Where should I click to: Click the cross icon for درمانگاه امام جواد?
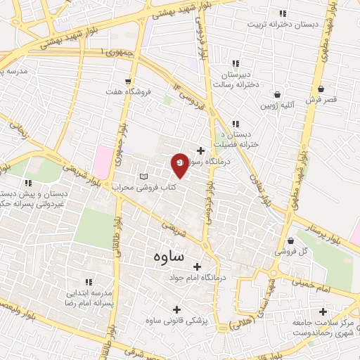pos(197,266)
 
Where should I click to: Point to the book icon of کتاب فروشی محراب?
pos(144,176)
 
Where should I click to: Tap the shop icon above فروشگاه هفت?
pos(128,81)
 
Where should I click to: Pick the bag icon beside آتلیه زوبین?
pos(277,94)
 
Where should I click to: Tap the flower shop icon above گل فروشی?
pos(290,240)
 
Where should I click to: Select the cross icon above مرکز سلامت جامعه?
pos(323,311)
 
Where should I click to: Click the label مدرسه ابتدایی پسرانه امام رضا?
pos(89,296)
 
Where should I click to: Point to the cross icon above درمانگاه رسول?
pos(200,150)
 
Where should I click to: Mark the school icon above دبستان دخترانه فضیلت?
pos(236,124)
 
